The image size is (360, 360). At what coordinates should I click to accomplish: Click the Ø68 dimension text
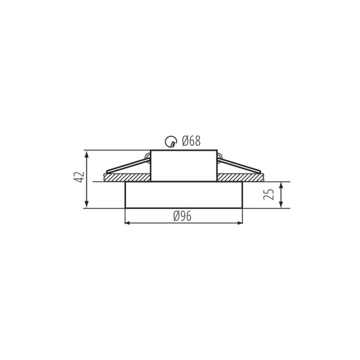click(191, 142)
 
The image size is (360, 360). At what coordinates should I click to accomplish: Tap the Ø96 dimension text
click(182, 217)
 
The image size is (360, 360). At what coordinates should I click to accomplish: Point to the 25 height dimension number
click(269, 194)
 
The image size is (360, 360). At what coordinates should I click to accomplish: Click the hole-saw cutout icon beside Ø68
click(171, 142)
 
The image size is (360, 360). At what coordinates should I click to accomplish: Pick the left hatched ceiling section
click(127, 178)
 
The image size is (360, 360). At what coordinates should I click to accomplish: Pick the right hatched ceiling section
click(240, 178)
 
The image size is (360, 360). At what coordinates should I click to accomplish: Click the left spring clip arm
click(126, 166)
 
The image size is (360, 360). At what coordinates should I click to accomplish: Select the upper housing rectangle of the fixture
click(184, 166)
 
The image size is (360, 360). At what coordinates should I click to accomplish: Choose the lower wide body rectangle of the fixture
click(184, 195)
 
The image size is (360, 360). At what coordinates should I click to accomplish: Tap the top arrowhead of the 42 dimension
click(87, 154)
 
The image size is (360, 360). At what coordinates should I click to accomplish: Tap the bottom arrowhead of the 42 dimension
click(87, 205)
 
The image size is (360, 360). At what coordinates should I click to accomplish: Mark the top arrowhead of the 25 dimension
click(281, 185)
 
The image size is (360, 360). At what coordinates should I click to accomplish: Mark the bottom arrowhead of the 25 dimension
click(281, 205)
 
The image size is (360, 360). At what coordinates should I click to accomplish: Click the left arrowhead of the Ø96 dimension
click(128, 223)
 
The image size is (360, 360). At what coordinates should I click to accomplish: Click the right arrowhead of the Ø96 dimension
click(239, 223)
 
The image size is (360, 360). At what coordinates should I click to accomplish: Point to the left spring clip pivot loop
click(148, 158)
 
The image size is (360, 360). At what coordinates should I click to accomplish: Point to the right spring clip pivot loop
click(220, 158)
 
